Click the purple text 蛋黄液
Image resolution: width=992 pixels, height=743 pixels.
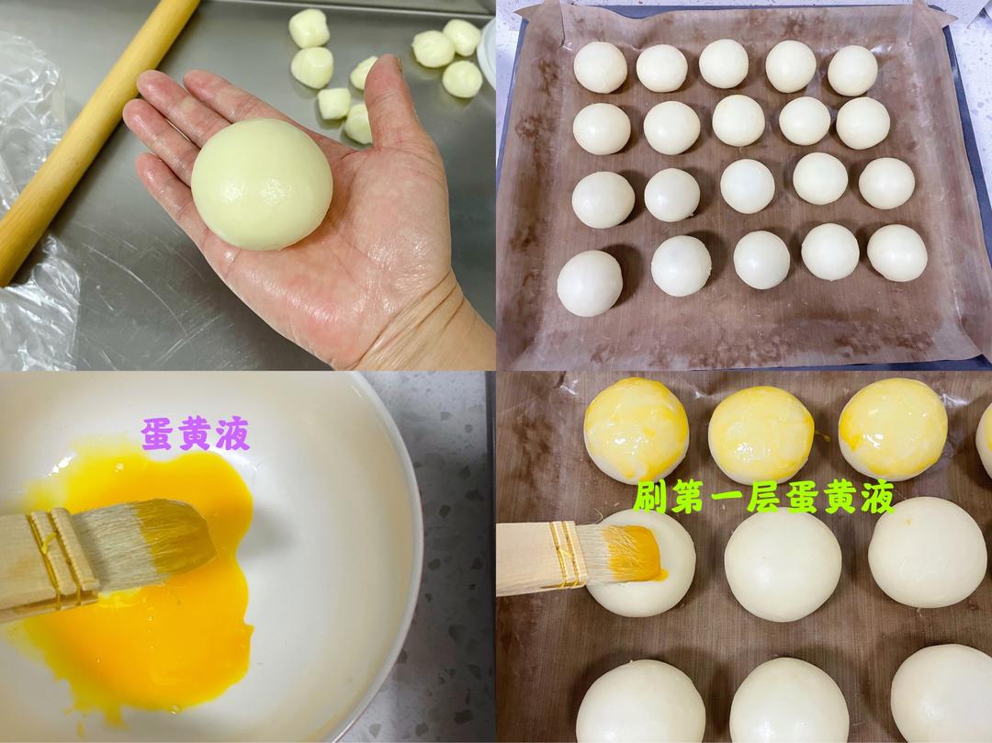[195, 433]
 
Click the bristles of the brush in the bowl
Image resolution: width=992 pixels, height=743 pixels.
[147, 542]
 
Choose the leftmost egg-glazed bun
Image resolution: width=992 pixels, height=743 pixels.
[636, 428]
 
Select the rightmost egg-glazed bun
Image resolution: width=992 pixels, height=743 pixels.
[892, 428]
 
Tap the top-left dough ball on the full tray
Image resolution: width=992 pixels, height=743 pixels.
[600, 67]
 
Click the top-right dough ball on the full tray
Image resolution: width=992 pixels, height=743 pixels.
[851, 70]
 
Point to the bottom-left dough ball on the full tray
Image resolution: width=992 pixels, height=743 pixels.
[589, 283]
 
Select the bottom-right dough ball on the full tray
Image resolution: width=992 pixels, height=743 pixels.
[896, 253]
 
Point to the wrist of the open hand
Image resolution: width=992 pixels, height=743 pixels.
[432, 321]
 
